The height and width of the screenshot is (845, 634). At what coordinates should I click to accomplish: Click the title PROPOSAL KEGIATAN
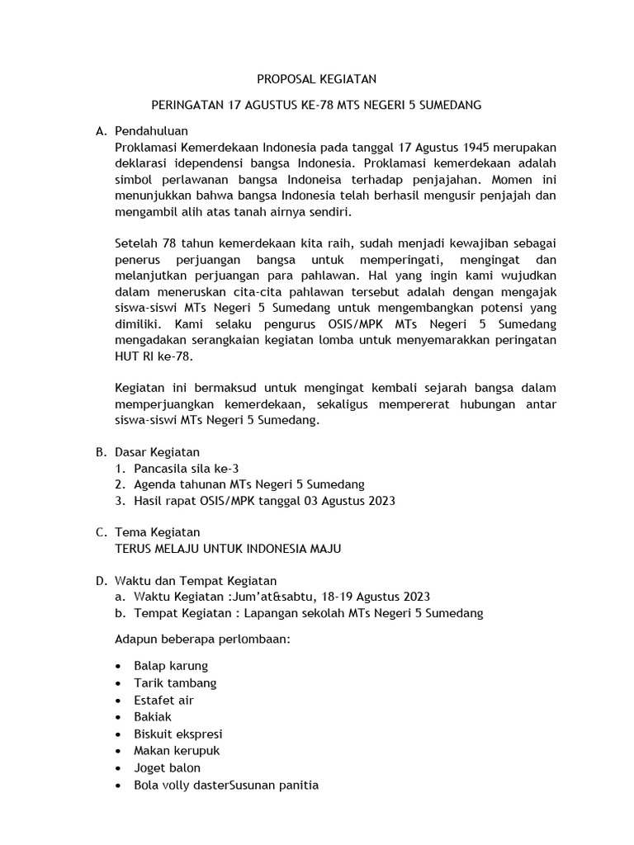coord(316,80)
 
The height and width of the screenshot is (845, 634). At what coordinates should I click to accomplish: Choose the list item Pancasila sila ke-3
coord(186,468)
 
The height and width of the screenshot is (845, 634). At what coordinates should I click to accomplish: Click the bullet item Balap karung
coord(171,666)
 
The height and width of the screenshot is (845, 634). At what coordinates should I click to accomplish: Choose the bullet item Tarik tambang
coord(175,683)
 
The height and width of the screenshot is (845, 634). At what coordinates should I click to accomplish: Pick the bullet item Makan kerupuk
coord(177,751)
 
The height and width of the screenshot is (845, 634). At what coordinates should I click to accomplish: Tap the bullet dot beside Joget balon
coord(121,768)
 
